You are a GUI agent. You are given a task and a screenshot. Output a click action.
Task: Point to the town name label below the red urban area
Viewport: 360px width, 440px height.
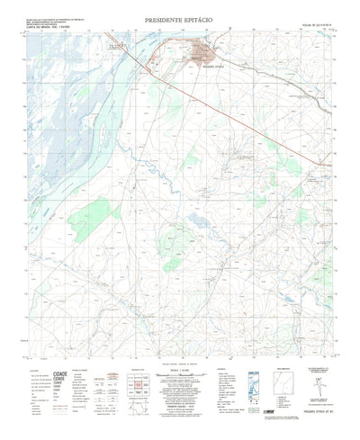pos(206,67)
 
